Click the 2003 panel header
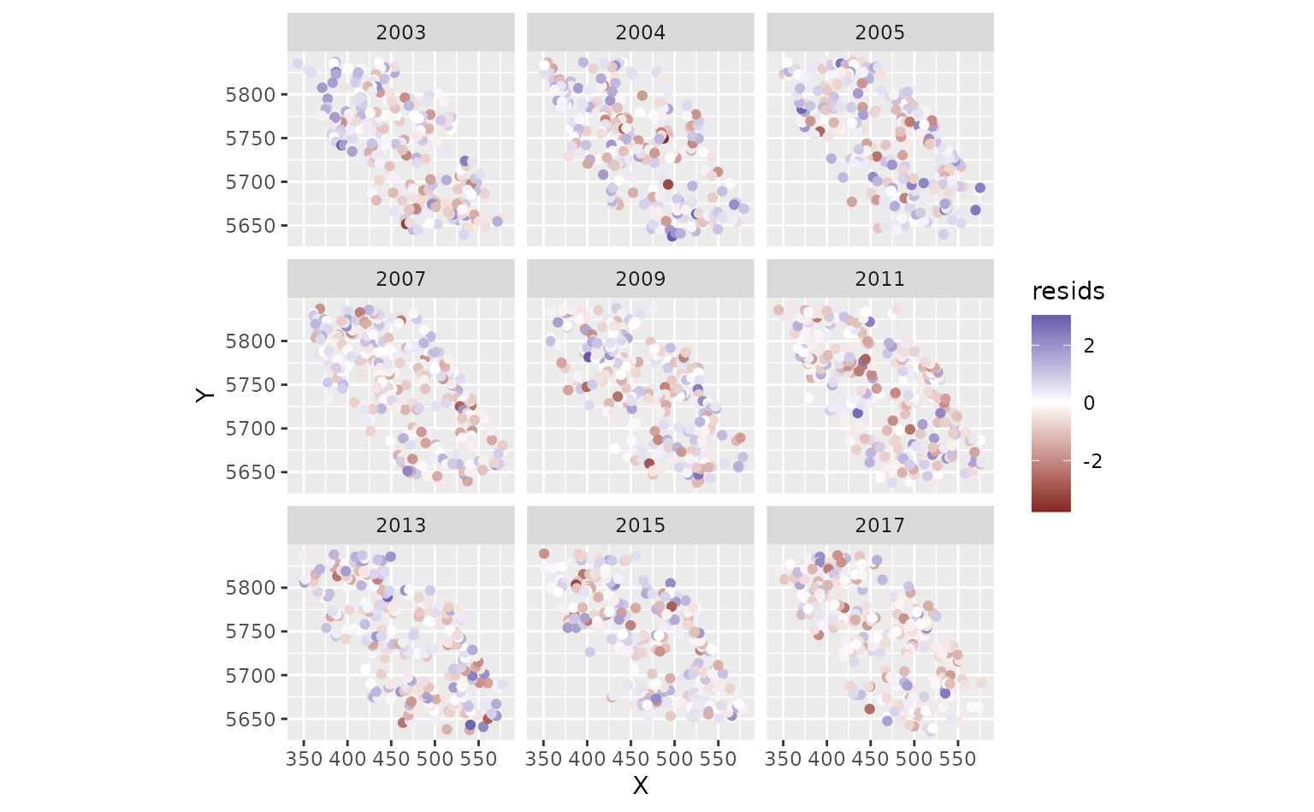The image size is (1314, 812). [x=400, y=33]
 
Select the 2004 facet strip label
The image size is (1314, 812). [x=640, y=33]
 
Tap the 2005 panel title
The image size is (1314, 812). [x=879, y=33]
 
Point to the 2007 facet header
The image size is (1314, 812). [x=400, y=279]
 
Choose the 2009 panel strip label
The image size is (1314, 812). [x=640, y=279]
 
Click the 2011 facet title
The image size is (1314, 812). [x=879, y=279]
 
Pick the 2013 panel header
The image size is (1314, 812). [x=400, y=525]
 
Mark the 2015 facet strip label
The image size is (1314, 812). [x=640, y=525]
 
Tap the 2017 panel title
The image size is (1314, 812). [x=879, y=525]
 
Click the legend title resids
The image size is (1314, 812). [x=1068, y=292]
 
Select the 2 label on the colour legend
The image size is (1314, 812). [x=1089, y=346]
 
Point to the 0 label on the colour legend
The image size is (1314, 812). [x=1089, y=403]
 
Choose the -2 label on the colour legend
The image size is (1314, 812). [x=1092, y=461]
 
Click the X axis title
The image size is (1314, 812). [x=640, y=785]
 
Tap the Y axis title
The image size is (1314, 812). [x=204, y=395]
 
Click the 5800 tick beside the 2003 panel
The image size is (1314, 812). [x=251, y=94]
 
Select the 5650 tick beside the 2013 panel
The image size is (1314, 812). [x=251, y=720]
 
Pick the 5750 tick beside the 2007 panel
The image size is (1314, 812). [x=251, y=385]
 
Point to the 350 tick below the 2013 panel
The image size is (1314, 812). [x=305, y=759]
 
